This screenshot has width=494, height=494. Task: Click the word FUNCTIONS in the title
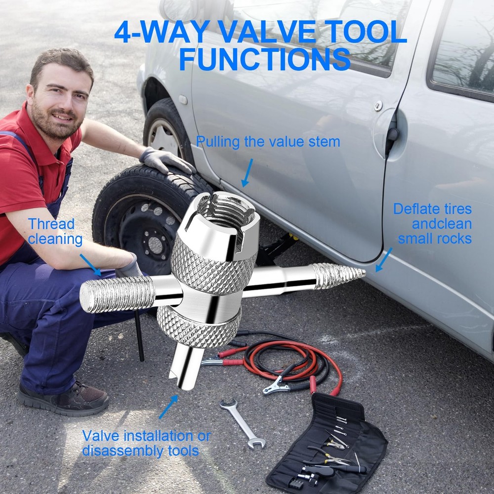(x=264, y=60)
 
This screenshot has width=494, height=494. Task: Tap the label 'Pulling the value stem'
(x=268, y=142)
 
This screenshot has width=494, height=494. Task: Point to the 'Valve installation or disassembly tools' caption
(x=146, y=443)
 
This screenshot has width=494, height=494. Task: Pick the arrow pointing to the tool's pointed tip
(x=383, y=260)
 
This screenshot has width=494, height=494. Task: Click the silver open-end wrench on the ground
(x=242, y=422)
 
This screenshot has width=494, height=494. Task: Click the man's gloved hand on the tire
(x=163, y=160)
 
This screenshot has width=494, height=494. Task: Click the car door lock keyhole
(x=378, y=106)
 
